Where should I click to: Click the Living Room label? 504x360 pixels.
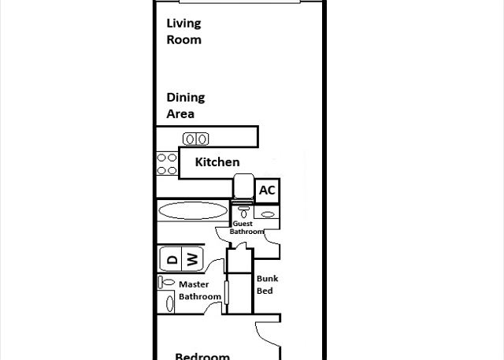pyautogui.click(x=183, y=32)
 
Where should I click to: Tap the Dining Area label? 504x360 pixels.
pyautogui.click(x=186, y=106)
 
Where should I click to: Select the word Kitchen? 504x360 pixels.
pyautogui.click(x=217, y=162)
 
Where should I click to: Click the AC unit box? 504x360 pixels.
pyautogui.click(x=267, y=191)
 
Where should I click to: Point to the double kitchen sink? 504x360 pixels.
pyautogui.click(x=196, y=139)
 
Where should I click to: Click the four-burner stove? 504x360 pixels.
pyautogui.click(x=167, y=164)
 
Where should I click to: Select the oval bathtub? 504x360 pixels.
pyautogui.click(x=193, y=211)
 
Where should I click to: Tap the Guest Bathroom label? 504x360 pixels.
pyautogui.click(x=246, y=228)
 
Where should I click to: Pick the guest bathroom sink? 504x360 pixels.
pyautogui.click(x=267, y=213)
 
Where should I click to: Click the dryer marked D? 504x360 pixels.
pyautogui.click(x=171, y=259)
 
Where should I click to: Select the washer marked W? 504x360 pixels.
pyautogui.click(x=192, y=259)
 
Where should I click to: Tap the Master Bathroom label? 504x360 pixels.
pyautogui.click(x=200, y=290)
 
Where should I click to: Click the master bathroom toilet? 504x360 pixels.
pyautogui.click(x=166, y=283)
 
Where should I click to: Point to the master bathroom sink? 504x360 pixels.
pyautogui.click(x=169, y=303)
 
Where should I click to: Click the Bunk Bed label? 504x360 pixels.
pyautogui.click(x=267, y=284)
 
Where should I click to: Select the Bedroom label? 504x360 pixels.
pyautogui.click(x=202, y=356)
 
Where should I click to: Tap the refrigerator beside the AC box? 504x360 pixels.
pyautogui.click(x=243, y=186)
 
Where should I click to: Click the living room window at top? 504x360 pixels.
pyautogui.click(x=239, y=2)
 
